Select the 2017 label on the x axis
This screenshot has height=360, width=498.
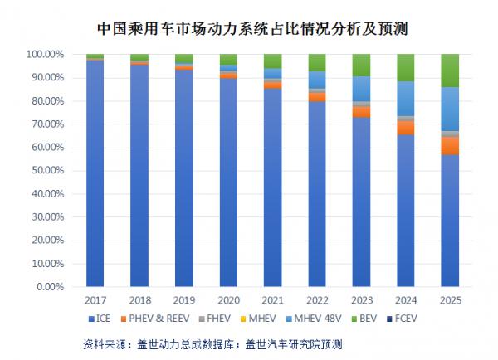(95, 299)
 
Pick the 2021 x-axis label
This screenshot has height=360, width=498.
(272, 299)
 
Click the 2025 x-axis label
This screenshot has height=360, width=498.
(450, 299)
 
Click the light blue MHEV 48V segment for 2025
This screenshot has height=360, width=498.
(450, 109)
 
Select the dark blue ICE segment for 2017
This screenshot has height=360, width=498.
(95, 173)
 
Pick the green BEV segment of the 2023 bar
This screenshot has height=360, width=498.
(361, 65)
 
